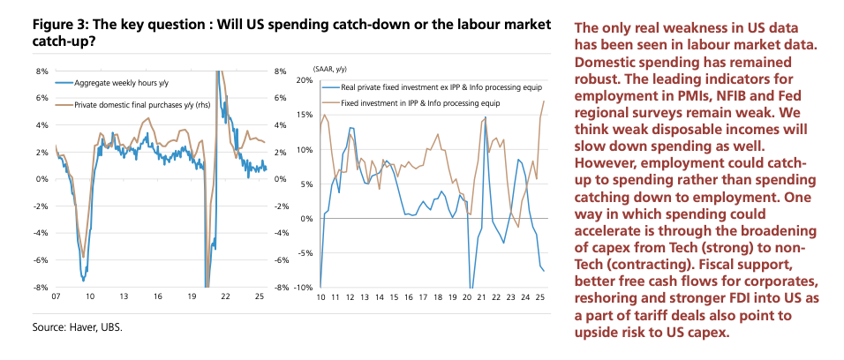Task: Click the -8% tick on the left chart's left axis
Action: (41, 288)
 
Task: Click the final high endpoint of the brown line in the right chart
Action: (543, 101)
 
